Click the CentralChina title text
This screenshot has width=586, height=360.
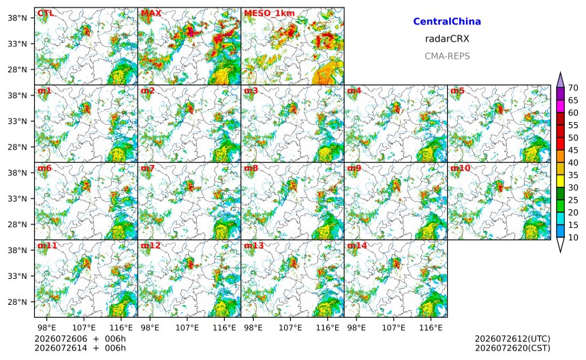(x=447, y=21)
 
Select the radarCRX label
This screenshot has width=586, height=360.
(x=447, y=39)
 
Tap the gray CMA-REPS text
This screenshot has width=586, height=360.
(x=447, y=56)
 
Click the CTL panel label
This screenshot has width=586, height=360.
(x=46, y=13)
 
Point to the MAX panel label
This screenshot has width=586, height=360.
(x=151, y=13)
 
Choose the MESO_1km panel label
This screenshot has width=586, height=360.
(x=269, y=14)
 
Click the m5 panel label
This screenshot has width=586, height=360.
(x=457, y=91)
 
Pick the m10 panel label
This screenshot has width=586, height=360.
(x=460, y=168)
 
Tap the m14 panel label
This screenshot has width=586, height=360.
(x=357, y=245)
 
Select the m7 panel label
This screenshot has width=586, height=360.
(x=148, y=168)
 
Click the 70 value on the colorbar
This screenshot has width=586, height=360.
(x=573, y=88)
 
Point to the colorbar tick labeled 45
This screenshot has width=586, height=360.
(x=573, y=150)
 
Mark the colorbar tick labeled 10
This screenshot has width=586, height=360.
(x=573, y=237)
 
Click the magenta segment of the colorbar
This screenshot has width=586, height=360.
(x=560, y=106)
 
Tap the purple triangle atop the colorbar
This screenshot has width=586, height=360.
(x=560, y=80)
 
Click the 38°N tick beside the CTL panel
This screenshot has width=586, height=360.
(x=17, y=18)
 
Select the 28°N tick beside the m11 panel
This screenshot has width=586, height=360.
(x=17, y=302)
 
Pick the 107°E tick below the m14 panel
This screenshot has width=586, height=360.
(x=394, y=328)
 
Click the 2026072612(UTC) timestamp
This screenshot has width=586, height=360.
(x=512, y=339)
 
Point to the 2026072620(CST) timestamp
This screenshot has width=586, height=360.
(x=512, y=348)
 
